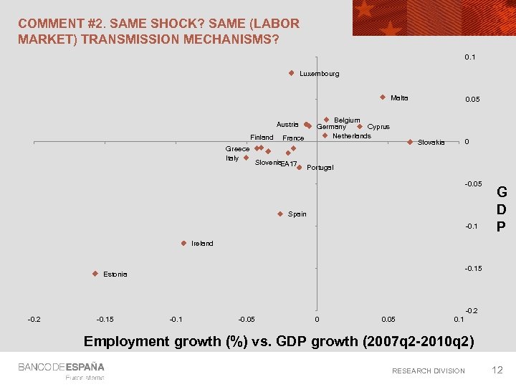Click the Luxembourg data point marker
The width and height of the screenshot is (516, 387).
pyautogui.click(x=292, y=73)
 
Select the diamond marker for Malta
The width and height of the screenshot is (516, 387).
pyautogui.click(x=383, y=97)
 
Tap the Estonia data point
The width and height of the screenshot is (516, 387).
pyautogui.click(x=95, y=274)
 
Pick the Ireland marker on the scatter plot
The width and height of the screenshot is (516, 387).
pyautogui.click(x=183, y=243)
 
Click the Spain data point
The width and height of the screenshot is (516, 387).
pyautogui.click(x=280, y=214)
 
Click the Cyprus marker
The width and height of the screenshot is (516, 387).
pyautogui.click(x=360, y=127)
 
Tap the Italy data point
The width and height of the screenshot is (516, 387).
pyautogui.click(x=246, y=158)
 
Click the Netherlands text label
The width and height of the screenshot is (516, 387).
pyautogui.click(x=351, y=136)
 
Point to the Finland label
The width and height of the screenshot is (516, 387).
pyautogui.click(x=262, y=138)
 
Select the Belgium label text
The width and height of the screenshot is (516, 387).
pyautogui.click(x=347, y=120)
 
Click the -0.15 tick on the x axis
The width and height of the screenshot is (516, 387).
pyautogui.click(x=105, y=318)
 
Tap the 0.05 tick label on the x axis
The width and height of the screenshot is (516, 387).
pyautogui.click(x=388, y=318)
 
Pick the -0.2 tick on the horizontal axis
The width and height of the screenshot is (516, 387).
pyautogui.click(x=34, y=318)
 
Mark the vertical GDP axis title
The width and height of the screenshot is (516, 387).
pyautogui.click(x=502, y=209)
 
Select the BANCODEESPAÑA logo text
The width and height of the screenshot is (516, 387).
pyautogui.click(x=62, y=367)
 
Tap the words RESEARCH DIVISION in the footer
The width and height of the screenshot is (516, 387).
pyautogui.click(x=428, y=371)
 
